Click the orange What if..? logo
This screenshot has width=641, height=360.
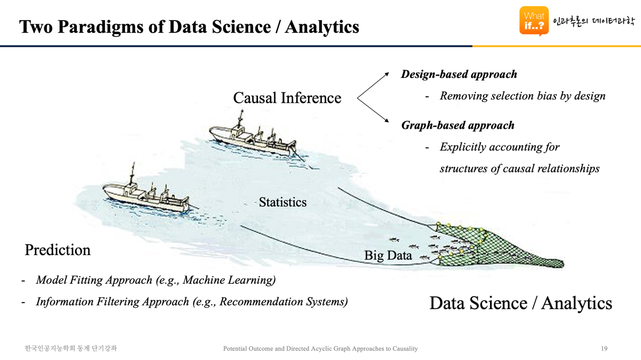coord(534,21)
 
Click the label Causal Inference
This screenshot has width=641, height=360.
coord(287,98)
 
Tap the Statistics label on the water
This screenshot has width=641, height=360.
coord(282,202)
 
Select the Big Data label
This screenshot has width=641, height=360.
coord(388,255)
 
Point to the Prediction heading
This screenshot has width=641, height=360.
coord(58,250)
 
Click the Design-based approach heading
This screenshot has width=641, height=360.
coord(459,75)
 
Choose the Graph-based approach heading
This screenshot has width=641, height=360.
coord(458,125)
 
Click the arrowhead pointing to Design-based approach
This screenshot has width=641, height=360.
coord(387,75)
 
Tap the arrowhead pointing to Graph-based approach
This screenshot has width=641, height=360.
coord(387,120)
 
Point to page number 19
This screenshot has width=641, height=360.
coord(604,349)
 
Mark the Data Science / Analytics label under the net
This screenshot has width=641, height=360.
coord(521,304)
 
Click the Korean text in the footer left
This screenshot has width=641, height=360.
coord(71,349)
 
